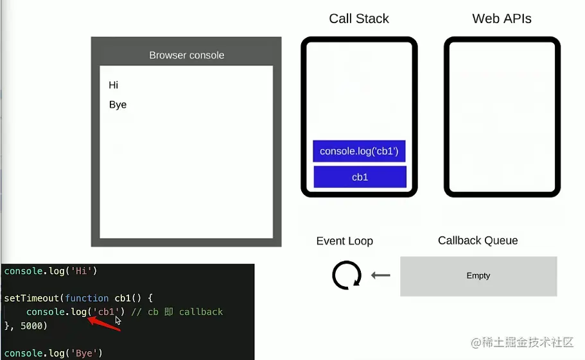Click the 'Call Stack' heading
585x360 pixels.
[359, 19]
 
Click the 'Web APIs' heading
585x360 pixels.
[502, 19]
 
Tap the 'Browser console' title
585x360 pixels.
[186, 55]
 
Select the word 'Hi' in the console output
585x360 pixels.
[114, 85]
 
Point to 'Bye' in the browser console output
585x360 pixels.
[118, 105]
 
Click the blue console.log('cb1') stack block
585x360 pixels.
[360, 151]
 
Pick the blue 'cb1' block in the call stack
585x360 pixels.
[360, 177]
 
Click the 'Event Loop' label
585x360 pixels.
[344, 241]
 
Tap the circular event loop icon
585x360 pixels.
[347, 276]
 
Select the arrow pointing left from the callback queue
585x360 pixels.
[381, 276]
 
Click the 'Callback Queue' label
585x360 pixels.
[478, 241]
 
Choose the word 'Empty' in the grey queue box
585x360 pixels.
[478, 276]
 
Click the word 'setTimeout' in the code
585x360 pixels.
[28, 298]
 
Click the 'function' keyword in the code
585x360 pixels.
[87, 298]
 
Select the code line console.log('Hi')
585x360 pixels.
[50, 271]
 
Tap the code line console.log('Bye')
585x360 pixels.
[53, 353]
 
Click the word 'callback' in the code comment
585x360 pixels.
[201, 312]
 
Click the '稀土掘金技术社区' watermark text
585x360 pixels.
[528, 343]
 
